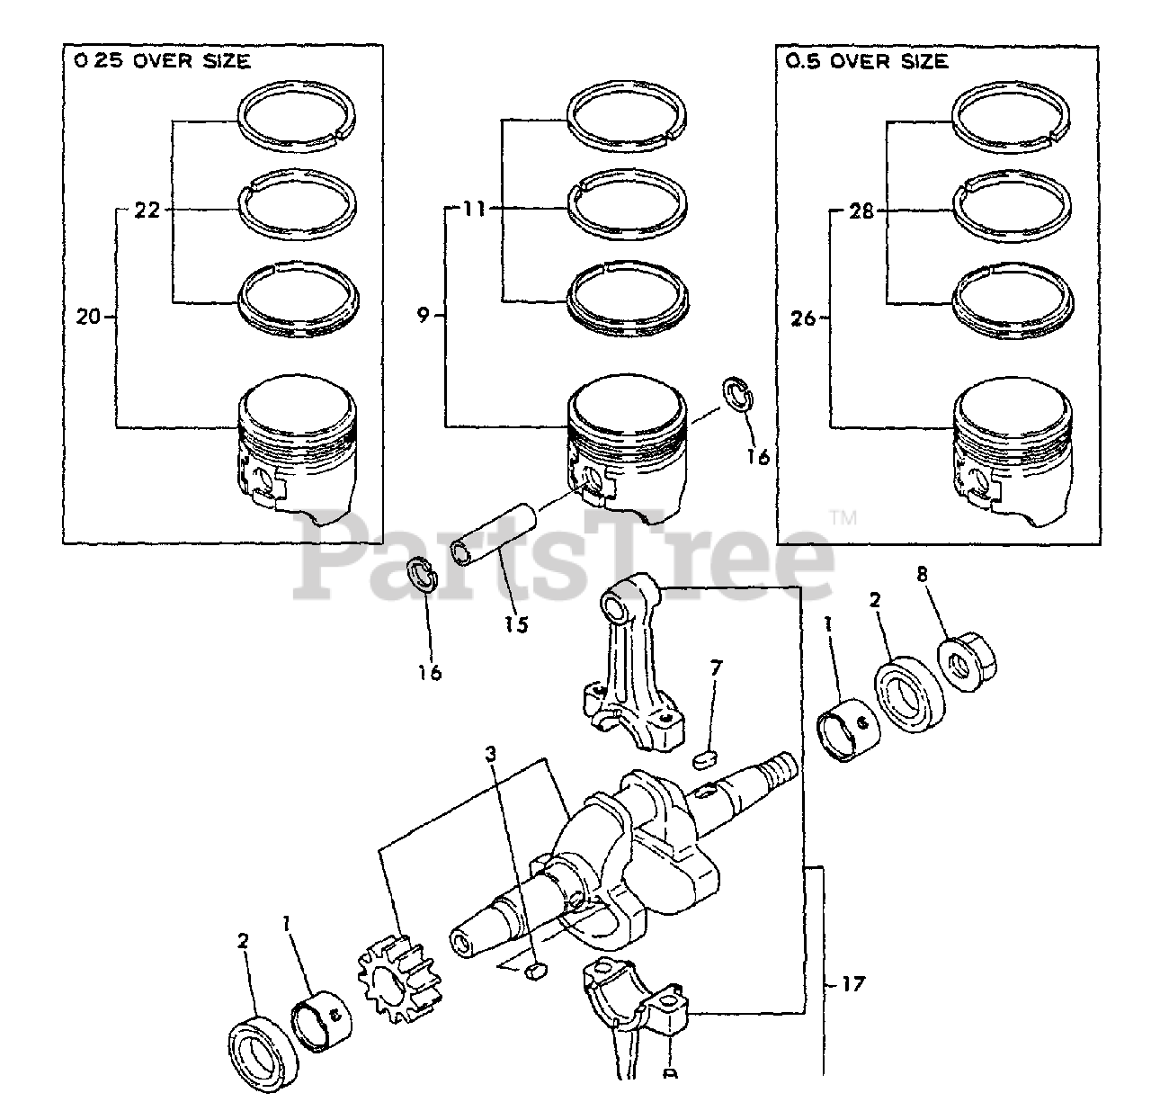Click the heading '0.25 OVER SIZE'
[x=160, y=61]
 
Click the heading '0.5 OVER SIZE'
[x=866, y=61]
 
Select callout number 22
[x=147, y=211]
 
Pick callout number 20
[x=91, y=316]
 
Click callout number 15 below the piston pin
[x=515, y=623]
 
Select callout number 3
[x=491, y=753]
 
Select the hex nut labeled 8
[x=968, y=667]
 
